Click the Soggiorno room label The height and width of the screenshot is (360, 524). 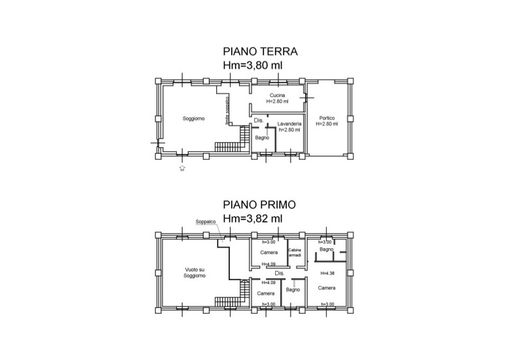(194, 118)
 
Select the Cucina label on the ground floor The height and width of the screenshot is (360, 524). (278, 96)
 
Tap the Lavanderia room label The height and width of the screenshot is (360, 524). (289, 123)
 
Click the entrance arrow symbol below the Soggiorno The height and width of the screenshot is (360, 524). (182, 168)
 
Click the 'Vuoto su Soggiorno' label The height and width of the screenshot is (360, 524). (195, 272)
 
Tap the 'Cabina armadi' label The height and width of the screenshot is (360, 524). (293, 253)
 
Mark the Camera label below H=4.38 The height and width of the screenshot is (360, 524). (327, 288)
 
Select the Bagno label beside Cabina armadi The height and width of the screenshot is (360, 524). (327, 250)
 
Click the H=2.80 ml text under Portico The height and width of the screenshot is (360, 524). (327, 124)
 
